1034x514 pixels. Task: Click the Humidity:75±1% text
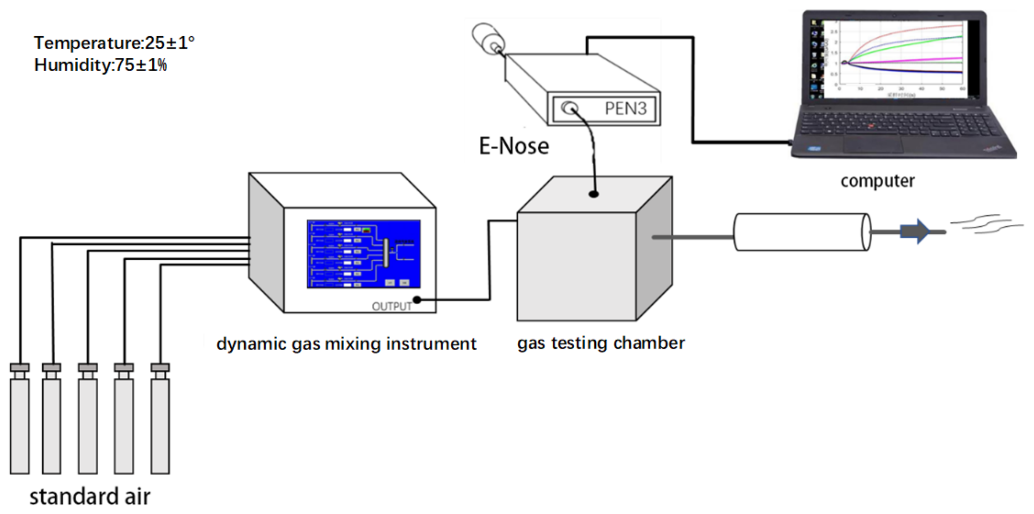tap(100, 65)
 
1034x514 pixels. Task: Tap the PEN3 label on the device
tap(625, 109)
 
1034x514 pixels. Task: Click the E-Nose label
tap(514, 146)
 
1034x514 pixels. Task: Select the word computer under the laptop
tap(877, 181)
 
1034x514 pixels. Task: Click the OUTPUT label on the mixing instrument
tap(391, 307)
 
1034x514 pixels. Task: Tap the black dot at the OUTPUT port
tap(417, 300)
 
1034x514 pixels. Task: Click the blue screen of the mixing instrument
tap(363, 254)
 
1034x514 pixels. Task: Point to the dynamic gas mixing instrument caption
tap(346, 344)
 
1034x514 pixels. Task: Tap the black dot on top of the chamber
tap(594, 194)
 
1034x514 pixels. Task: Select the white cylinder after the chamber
tap(801, 232)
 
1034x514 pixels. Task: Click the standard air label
tap(90, 497)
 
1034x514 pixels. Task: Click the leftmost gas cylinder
tap(19, 426)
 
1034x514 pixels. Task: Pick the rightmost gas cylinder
tap(160, 426)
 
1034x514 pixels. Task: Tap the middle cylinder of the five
tap(88, 426)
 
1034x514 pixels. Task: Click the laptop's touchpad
tap(873, 144)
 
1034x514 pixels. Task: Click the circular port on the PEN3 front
tap(569, 108)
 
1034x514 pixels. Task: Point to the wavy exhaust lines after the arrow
tap(987, 225)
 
